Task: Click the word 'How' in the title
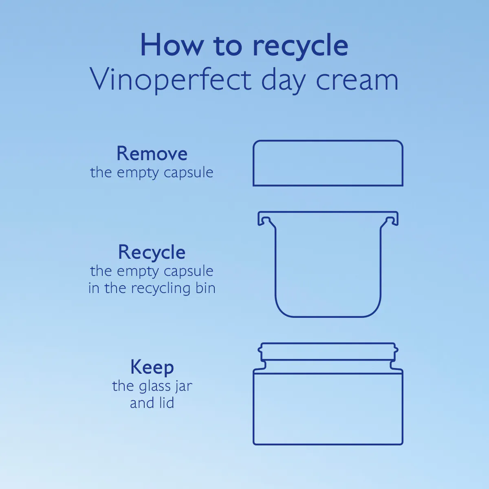point(172,45)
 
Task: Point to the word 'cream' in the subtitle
point(357,81)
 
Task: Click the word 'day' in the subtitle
point(283,81)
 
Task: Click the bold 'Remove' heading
point(152,154)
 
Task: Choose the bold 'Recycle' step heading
point(152,252)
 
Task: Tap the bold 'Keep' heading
point(152,368)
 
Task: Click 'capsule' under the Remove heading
point(189,173)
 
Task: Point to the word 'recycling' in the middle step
point(161,289)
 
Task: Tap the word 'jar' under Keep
point(184,387)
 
